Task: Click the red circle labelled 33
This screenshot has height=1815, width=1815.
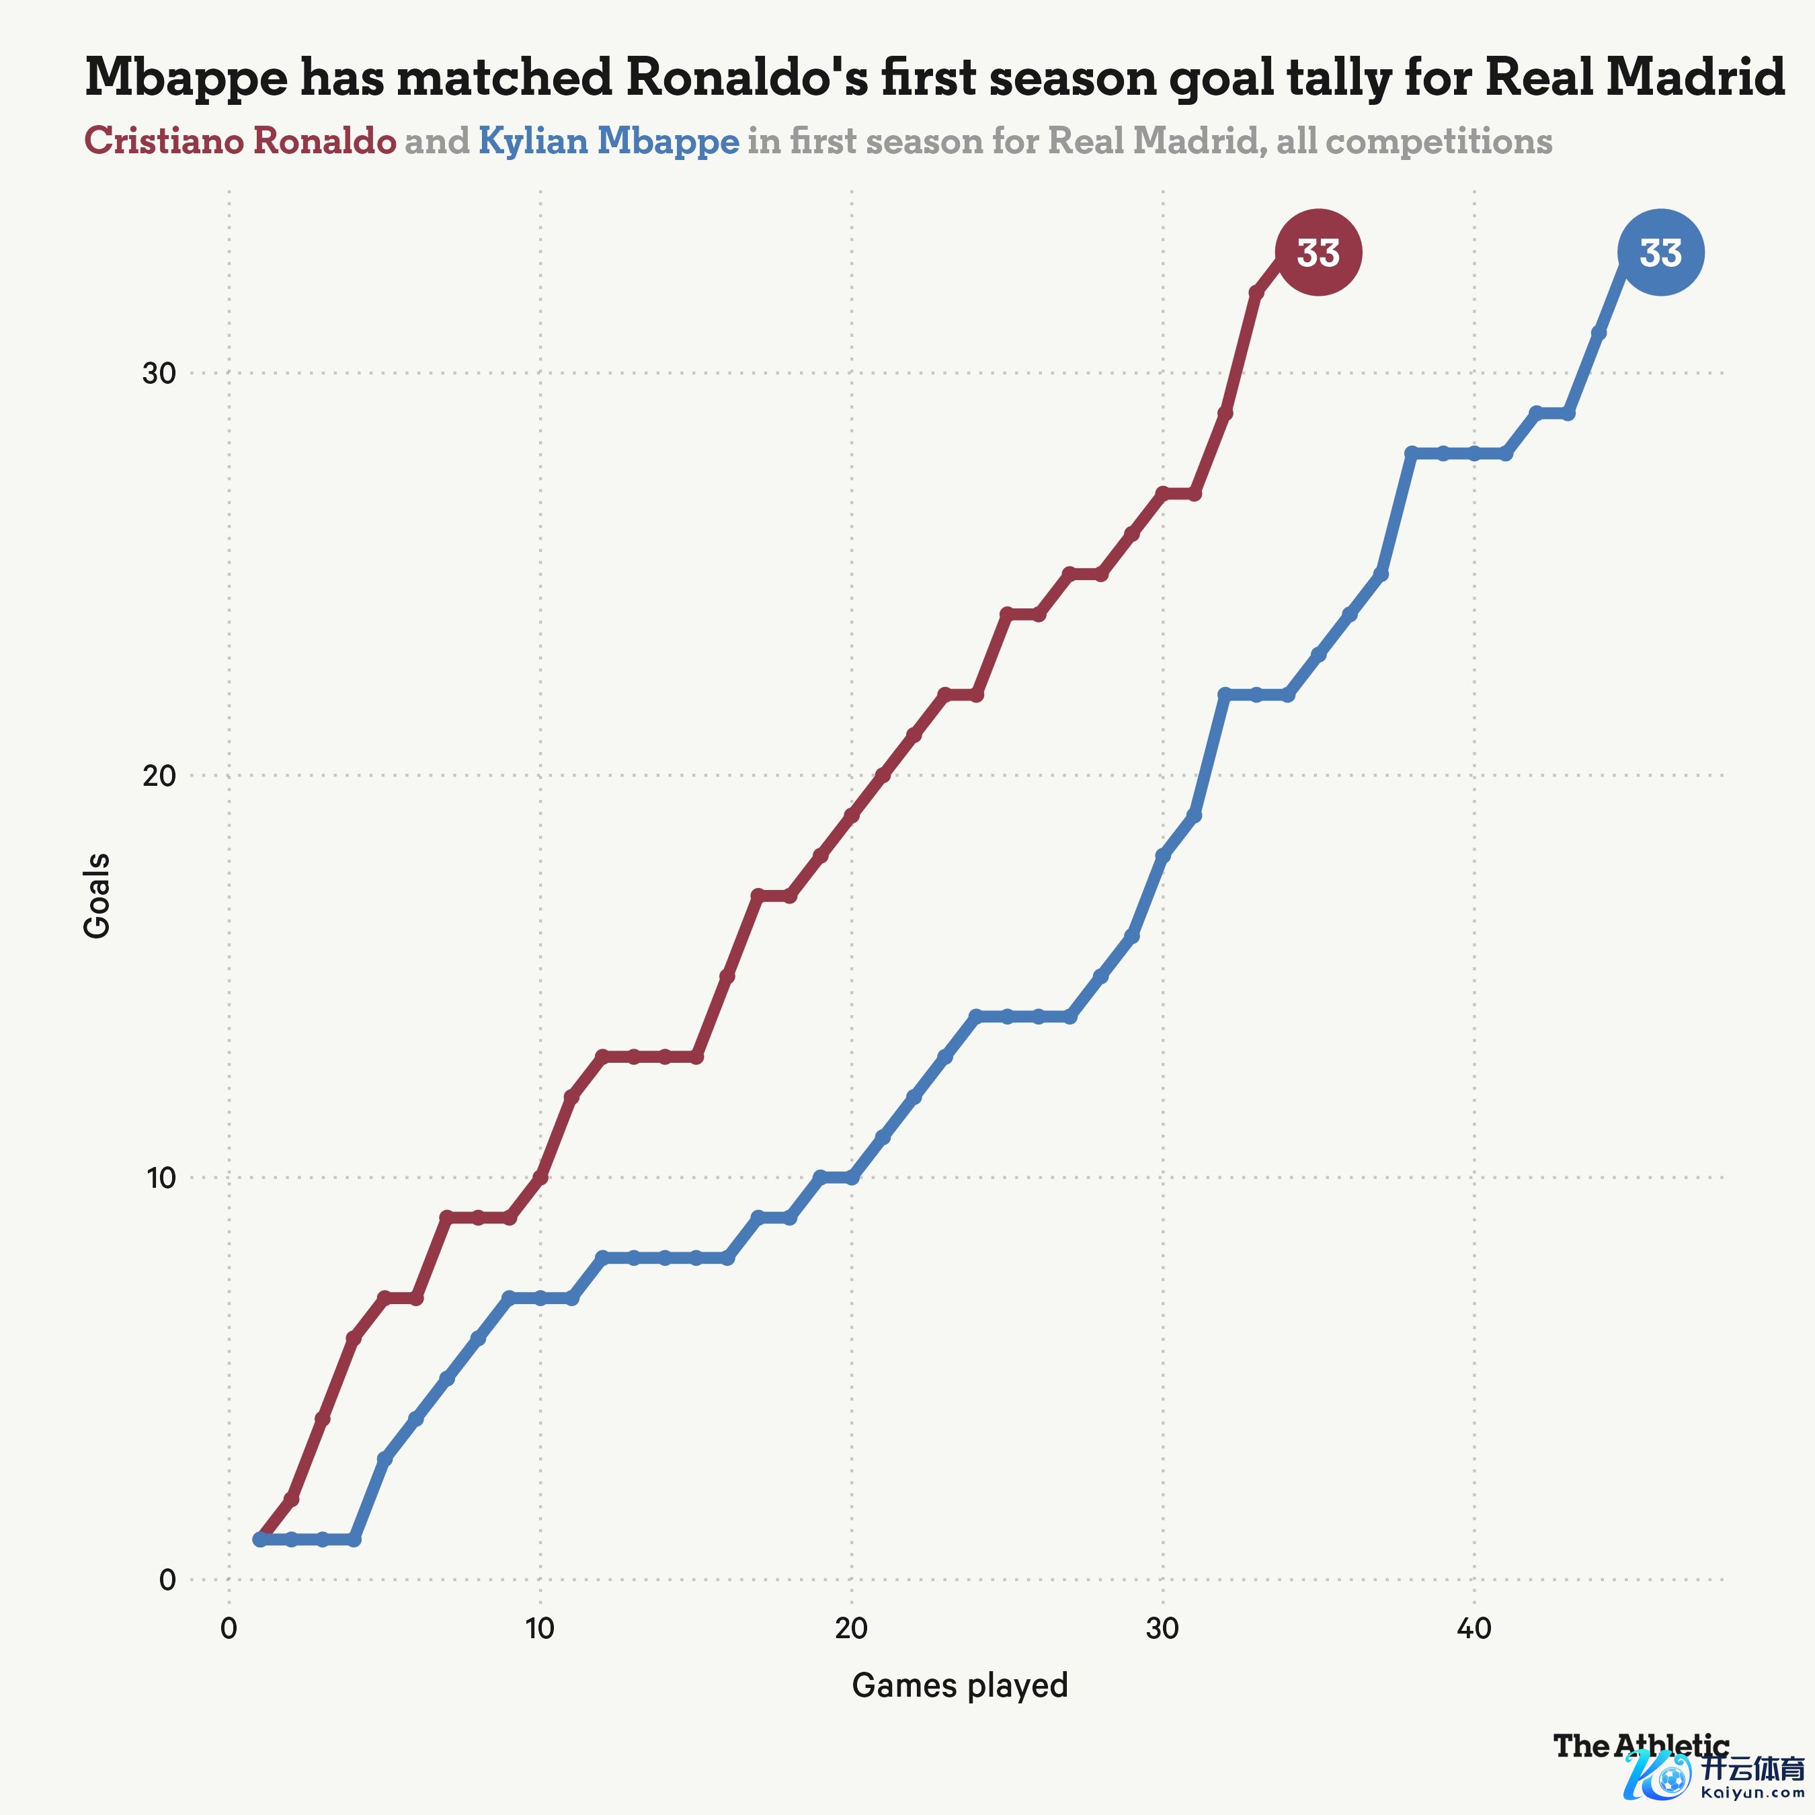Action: [x=1318, y=253]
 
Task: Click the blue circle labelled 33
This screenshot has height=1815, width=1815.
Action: [x=1660, y=253]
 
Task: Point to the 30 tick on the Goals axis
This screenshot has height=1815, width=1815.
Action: [x=160, y=374]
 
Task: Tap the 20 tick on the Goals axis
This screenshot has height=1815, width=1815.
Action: [x=160, y=776]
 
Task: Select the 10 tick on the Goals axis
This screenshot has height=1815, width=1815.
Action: [x=161, y=1178]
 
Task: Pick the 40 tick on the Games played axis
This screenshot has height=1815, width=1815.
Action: [x=1474, y=1628]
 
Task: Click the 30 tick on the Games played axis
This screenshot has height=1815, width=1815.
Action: [x=1162, y=1628]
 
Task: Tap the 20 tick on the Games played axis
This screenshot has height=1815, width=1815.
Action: [x=851, y=1628]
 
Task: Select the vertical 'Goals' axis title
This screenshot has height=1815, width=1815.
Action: [x=97, y=895]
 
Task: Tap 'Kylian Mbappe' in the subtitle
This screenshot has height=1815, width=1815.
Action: [x=609, y=141]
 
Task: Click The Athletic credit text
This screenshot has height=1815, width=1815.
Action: [x=1640, y=1746]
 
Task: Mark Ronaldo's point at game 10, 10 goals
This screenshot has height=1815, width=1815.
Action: [x=540, y=1177]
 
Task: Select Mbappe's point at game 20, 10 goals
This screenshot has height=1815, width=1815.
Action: [x=851, y=1177]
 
